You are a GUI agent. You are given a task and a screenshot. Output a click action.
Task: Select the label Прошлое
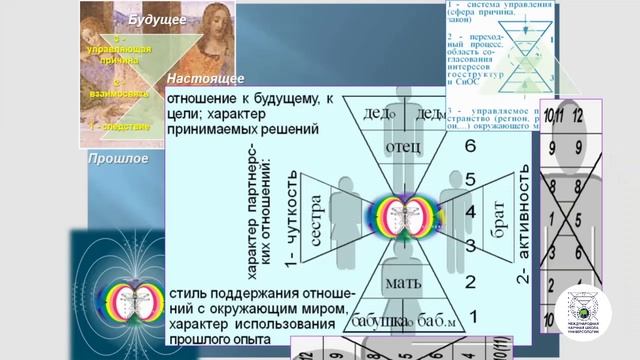click(x=118, y=158)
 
